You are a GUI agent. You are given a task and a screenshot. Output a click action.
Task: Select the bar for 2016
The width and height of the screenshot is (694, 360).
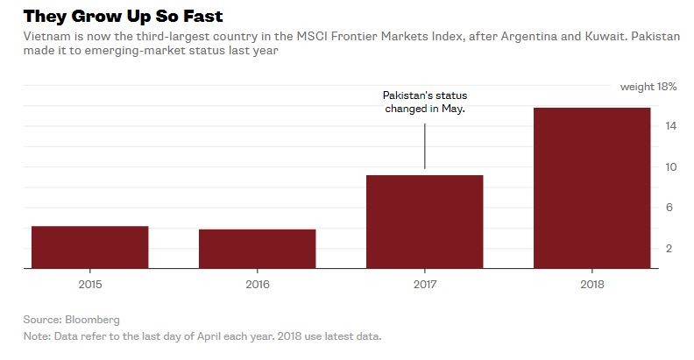257,250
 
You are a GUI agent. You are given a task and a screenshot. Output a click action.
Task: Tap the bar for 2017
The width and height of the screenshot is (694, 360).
424,222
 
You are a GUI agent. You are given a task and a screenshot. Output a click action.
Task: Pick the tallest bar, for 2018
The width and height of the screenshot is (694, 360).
591,188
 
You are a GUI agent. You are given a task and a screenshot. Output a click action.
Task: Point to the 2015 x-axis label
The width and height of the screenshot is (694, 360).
89,284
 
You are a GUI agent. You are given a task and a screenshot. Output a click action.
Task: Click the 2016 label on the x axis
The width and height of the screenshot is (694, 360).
257,284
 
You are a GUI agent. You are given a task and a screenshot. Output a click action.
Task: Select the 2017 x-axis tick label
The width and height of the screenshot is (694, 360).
424,284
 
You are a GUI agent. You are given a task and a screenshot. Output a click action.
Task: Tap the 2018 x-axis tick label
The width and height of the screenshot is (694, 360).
591,284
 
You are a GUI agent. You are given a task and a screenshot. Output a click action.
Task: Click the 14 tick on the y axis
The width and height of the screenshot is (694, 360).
669,126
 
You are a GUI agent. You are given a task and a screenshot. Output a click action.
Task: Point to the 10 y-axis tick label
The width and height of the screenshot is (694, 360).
669,166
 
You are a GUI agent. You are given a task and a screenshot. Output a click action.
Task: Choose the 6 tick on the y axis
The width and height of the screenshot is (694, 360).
669,208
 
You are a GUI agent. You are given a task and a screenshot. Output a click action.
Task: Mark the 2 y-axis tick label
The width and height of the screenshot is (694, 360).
669,249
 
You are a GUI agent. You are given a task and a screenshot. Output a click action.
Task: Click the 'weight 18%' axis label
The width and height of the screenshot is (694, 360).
648,87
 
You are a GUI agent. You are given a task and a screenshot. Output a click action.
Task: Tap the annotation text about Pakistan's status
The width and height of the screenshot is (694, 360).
424,102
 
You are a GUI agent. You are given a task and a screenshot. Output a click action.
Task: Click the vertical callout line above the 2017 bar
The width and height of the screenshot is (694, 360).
425,145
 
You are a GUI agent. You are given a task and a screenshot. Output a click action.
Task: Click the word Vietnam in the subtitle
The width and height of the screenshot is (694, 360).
44,38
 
